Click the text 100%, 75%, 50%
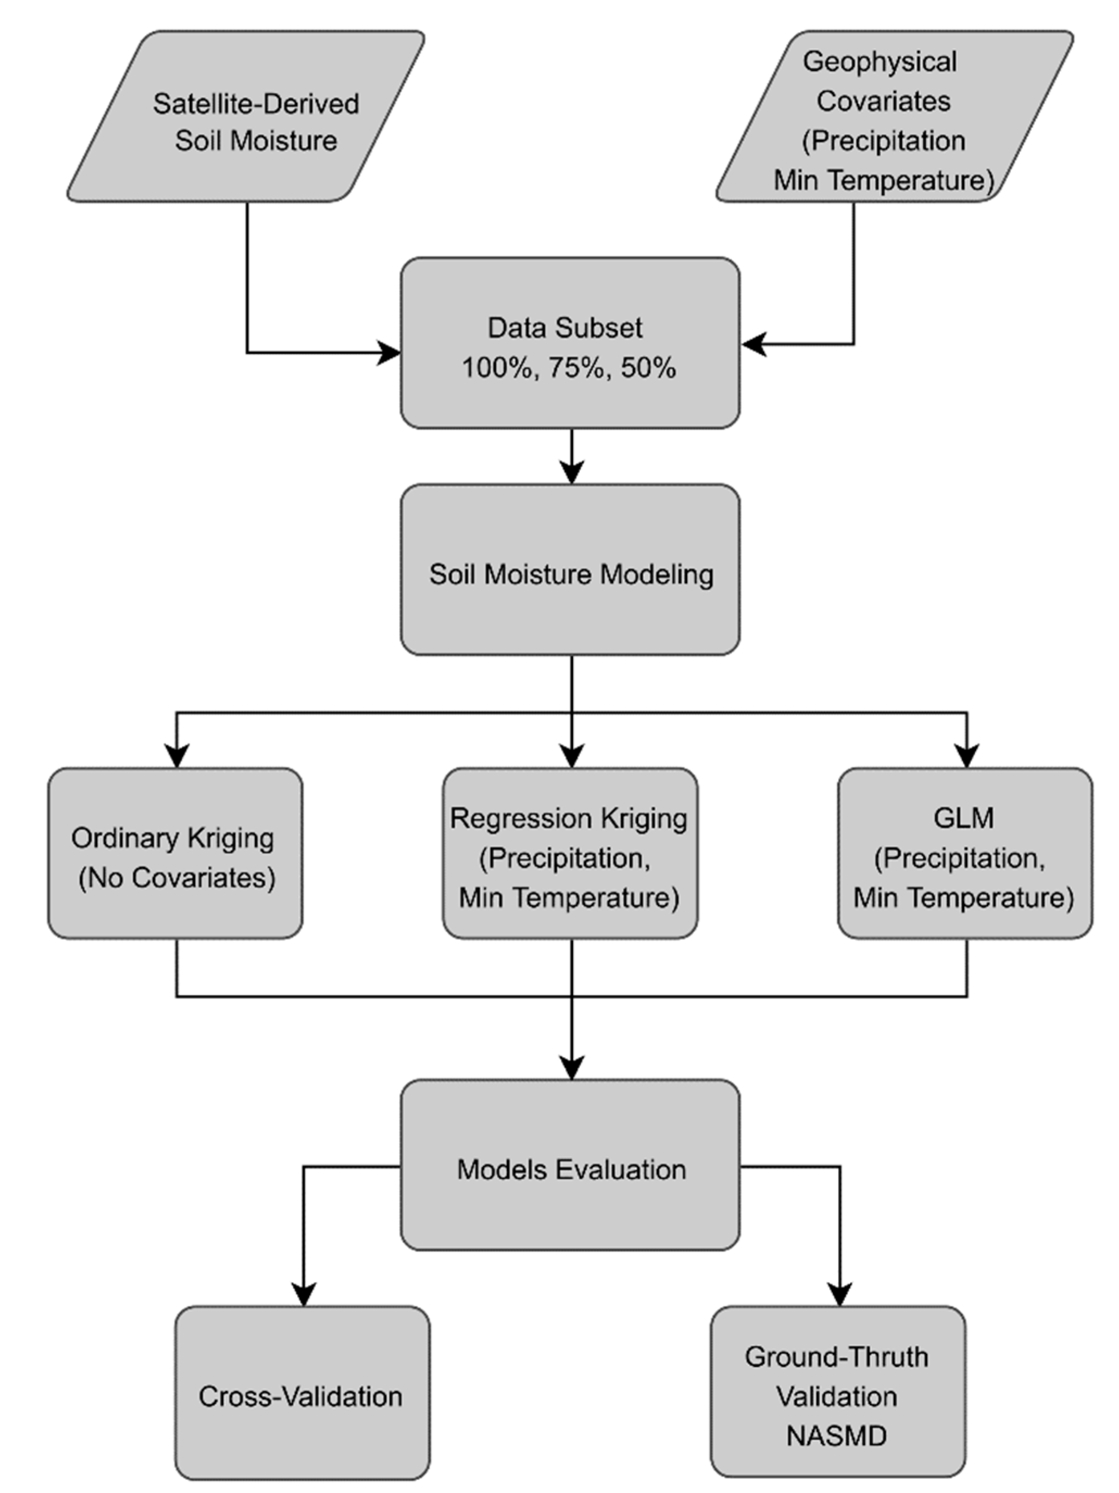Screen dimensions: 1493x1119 568,368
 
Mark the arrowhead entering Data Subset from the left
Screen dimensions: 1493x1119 390,352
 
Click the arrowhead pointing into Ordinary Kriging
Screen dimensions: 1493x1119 176,756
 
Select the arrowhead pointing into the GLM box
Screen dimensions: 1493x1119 966,756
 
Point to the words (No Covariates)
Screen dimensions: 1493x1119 176,878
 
